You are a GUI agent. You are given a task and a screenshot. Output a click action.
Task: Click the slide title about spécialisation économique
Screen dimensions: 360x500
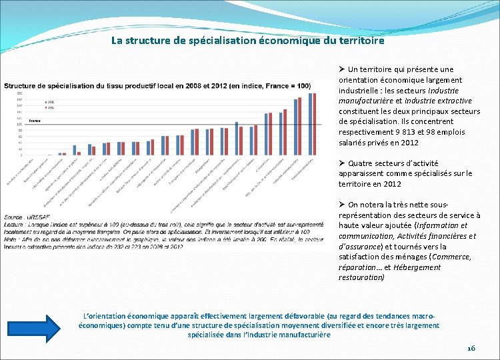click(248, 41)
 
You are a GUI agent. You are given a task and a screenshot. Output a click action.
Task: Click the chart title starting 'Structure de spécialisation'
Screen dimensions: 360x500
click(157, 86)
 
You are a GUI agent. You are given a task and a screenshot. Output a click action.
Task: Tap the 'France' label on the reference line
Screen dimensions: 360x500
click(35, 121)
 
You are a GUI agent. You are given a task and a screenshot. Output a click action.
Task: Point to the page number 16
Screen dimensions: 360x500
click(471, 349)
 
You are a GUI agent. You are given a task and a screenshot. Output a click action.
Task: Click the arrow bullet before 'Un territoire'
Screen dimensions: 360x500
click(341, 69)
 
